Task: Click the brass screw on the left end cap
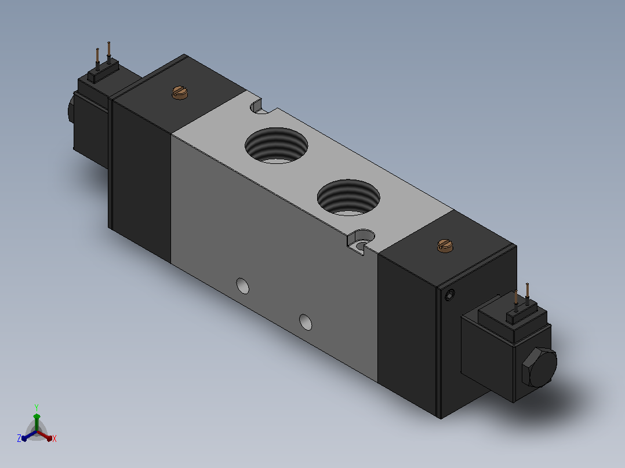pos(180,93)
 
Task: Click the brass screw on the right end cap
pos(445,246)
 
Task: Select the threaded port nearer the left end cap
pos(276,145)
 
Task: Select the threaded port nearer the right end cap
pos(348,198)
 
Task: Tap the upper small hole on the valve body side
pos(243,286)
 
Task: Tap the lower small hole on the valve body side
pos(306,322)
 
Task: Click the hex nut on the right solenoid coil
pos(539,367)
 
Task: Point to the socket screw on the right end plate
pos(450,295)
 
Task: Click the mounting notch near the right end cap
pos(361,240)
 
